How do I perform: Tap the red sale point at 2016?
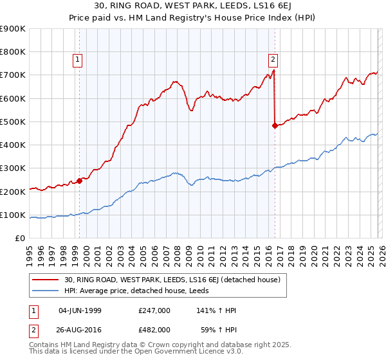coord(275,126)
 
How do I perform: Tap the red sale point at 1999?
coord(80,181)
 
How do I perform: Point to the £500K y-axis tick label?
coord(13,122)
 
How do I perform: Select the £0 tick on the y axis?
coord(21,238)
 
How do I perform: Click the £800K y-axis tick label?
coord(13,52)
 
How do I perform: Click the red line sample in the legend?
coord(47,280)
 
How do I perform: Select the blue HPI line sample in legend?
coord(47,291)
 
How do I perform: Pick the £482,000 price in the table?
coord(154,328)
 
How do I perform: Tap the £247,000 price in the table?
coord(154,310)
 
